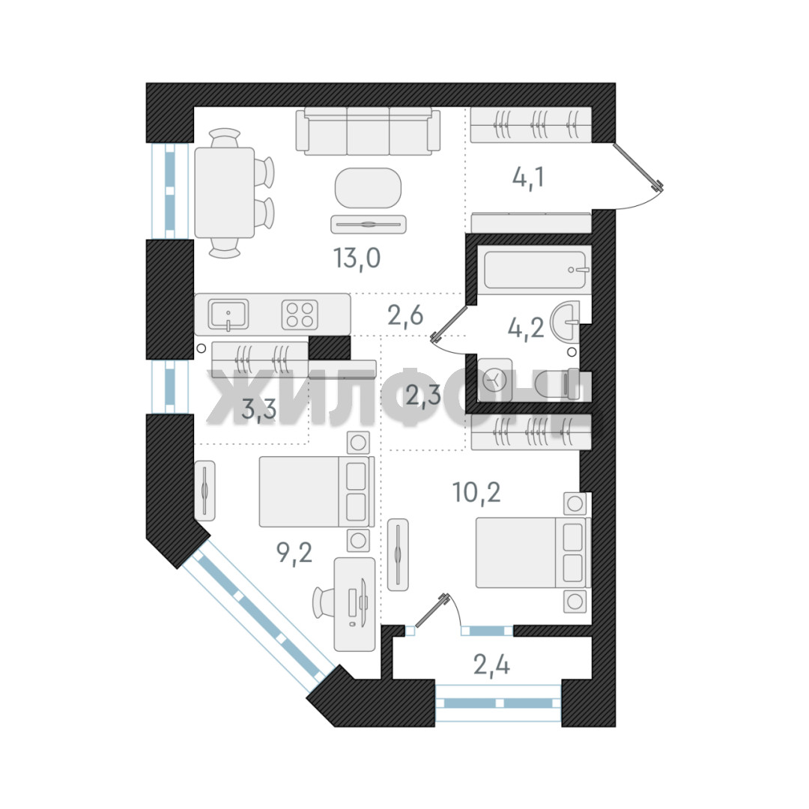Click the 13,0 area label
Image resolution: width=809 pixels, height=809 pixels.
[x=357, y=258]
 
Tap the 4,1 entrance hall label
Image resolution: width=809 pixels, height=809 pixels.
[x=528, y=178]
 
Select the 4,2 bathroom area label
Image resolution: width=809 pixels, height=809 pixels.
[x=526, y=327]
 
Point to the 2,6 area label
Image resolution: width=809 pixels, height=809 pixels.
[x=405, y=315]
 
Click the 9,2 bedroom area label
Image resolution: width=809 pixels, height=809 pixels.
[x=294, y=553]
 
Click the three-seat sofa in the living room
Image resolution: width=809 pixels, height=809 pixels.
[x=368, y=131]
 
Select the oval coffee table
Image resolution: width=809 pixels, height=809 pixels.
[x=368, y=188]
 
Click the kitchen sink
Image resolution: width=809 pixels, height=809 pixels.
[x=228, y=314]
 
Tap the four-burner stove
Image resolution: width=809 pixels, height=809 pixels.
[x=300, y=315]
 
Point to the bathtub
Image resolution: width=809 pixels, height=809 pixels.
[x=534, y=270]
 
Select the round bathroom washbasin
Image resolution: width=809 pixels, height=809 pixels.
[x=566, y=321]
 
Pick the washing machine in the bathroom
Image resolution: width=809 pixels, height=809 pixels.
[x=495, y=381]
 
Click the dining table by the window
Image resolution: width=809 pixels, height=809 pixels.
[x=225, y=193]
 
